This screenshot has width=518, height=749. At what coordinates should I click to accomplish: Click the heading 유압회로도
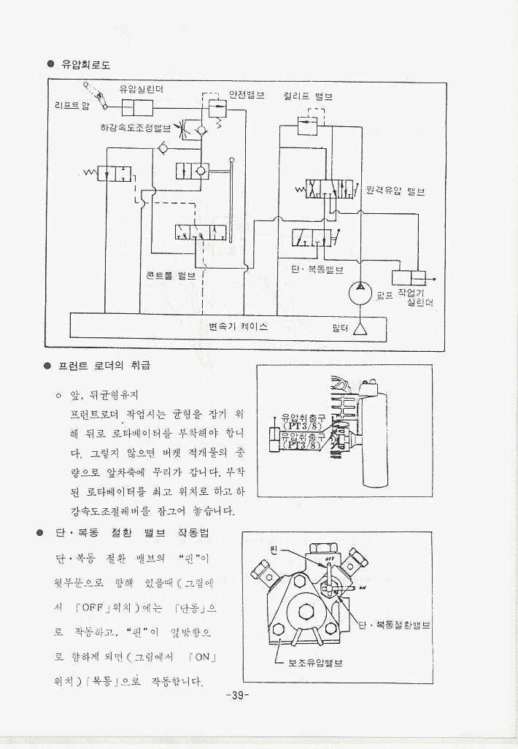pos(85,65)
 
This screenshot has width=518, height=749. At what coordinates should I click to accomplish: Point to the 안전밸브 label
pos(247,94)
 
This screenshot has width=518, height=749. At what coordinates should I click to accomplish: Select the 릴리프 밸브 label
pos(308,96)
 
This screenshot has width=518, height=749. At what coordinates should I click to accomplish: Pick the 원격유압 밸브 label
pos(395,191)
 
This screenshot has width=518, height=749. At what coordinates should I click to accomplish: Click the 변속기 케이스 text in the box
pos(238,326)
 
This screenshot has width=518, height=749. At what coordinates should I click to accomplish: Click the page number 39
pos(238,694)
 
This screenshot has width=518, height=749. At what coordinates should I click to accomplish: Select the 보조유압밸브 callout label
pos(315,663)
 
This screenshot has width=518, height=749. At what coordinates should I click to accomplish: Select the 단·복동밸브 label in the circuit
pos(317,269)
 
